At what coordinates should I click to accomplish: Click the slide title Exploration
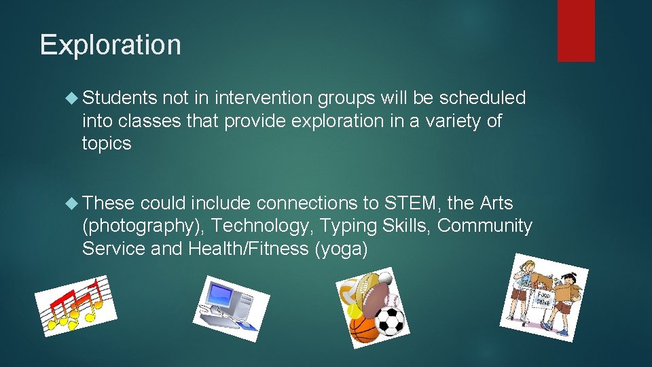click(x=111, y=45)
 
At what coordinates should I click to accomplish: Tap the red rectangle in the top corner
click(x=576, y=30)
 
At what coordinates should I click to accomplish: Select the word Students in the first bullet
click(x=120, y=99)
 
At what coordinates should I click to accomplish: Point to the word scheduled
click(x=482, y=99)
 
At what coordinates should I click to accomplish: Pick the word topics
click(x=107, y=143)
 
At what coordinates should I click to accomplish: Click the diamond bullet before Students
click(x=73, y=99)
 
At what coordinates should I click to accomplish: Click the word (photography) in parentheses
click(x=144, y=226)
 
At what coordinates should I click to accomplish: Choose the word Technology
click(x=263, y=226)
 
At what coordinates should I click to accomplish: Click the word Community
click(x=485, y=226)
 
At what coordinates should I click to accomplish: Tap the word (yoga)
click(x=341, y=249)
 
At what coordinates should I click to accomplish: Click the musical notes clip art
click(x=75, y=306)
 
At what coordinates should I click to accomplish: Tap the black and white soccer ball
click(x=390, y=321)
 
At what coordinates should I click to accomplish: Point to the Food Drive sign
click(x=544, y=298)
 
